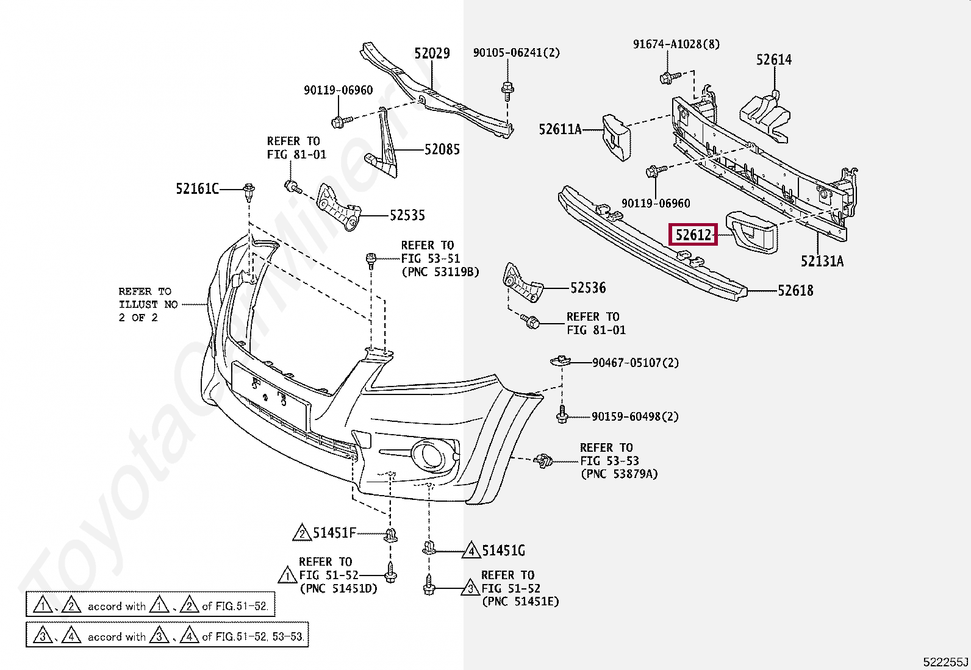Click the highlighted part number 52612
(693, 235)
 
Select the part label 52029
(432, 53)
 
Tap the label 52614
(774, 60)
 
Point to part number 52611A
(560, 129)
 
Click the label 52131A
(822, 262)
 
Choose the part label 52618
(795, 290)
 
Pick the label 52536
(588, 288)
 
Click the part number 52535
(407, 215)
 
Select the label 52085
(442, 149)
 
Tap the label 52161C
(197, 189)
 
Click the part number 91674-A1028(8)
(676, 45)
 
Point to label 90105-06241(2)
(516, 52)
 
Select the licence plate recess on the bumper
(271, 396)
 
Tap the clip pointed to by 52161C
(249, 193)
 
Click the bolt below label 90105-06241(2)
(507, 91)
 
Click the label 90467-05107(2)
(636, 363)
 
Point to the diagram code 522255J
(945, 661)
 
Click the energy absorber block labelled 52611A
(616, 137)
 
